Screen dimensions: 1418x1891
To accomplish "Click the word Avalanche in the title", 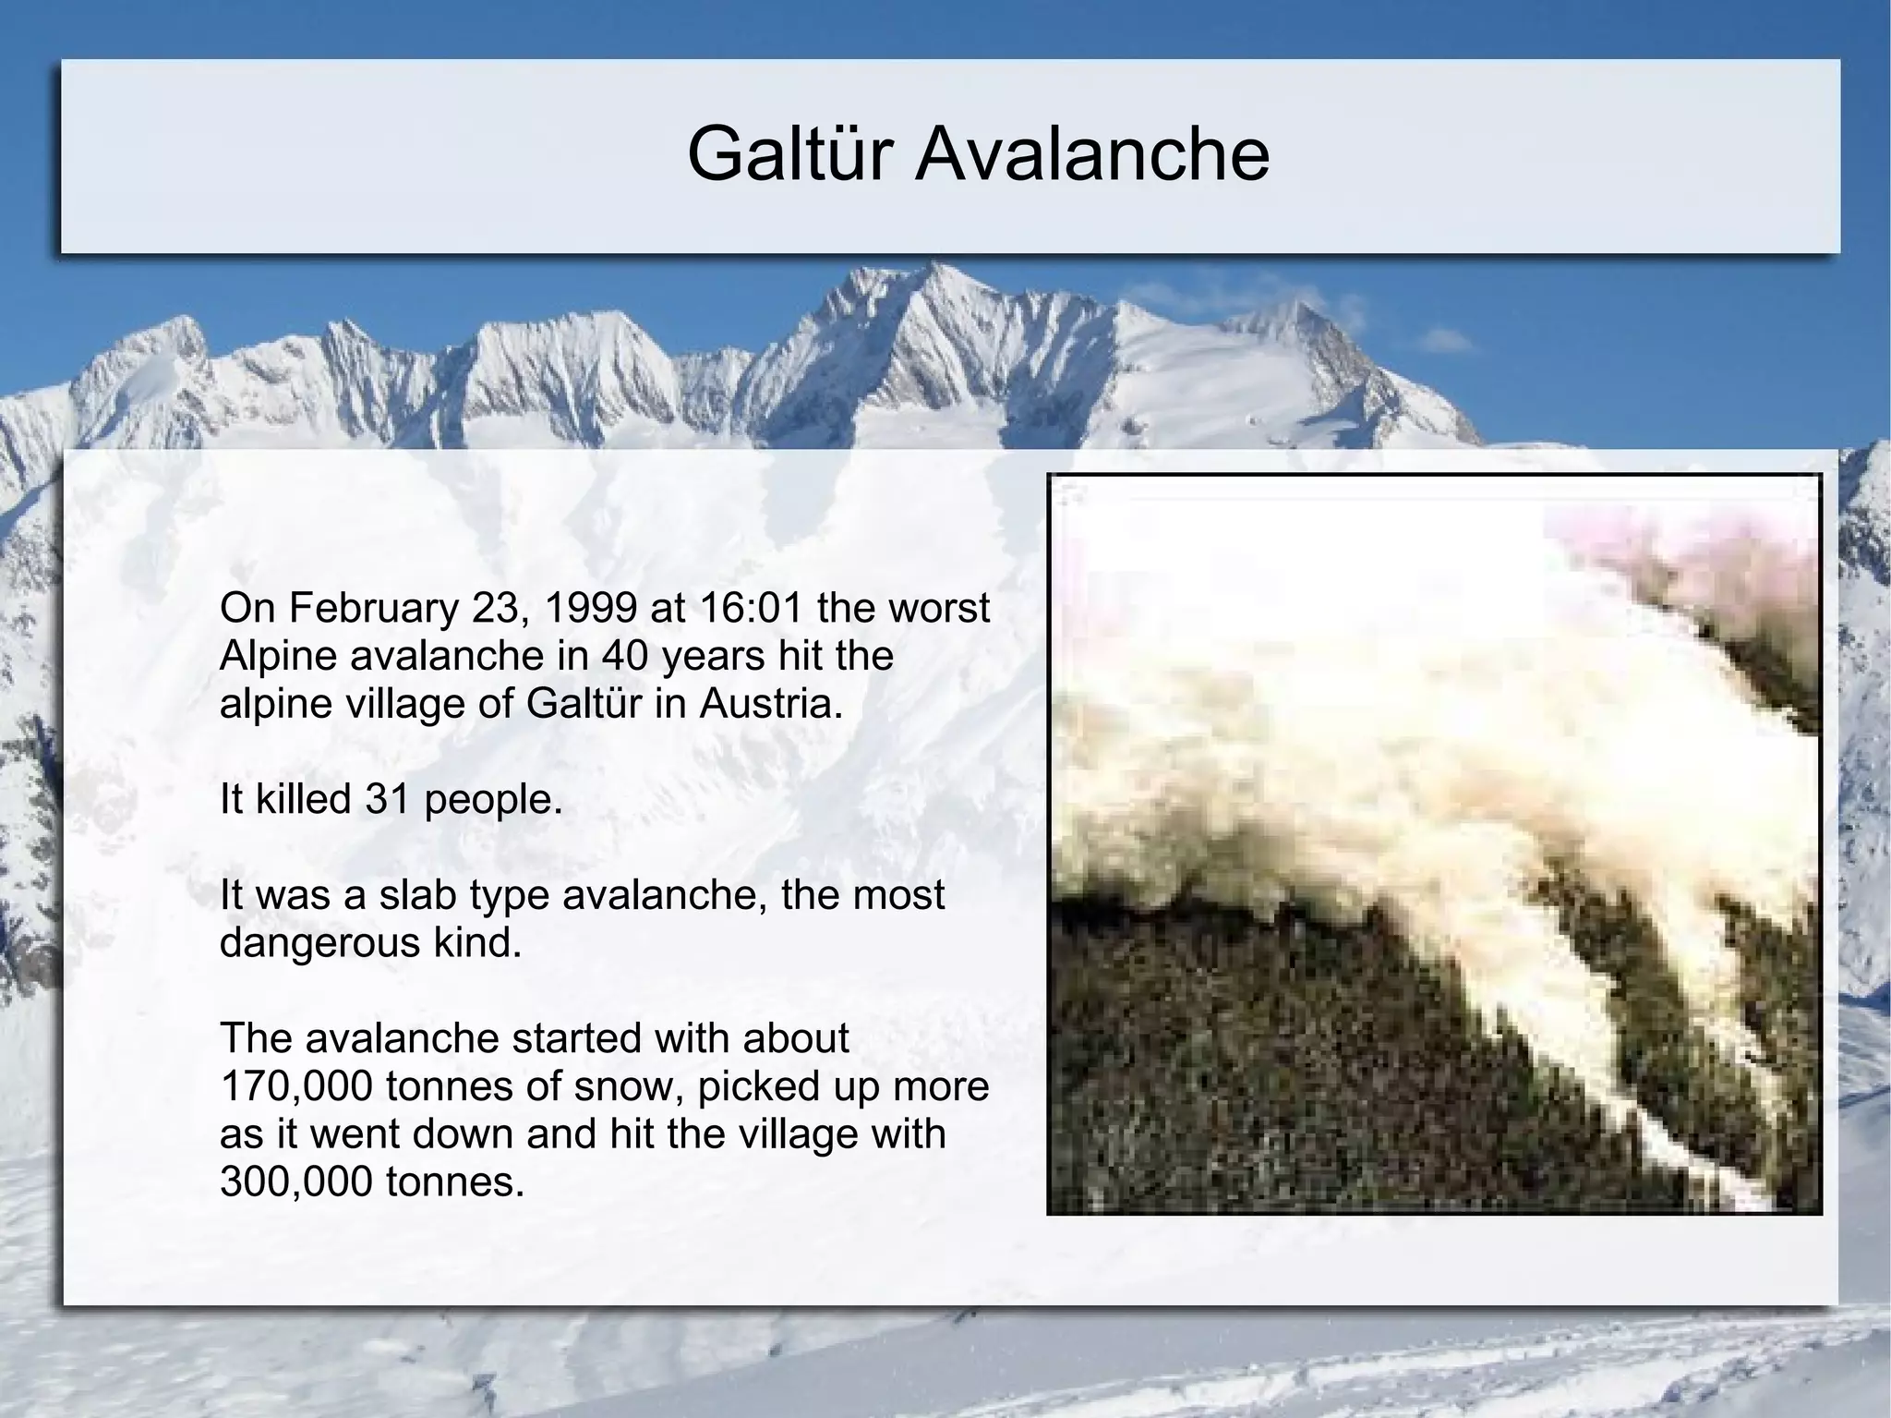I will click(1092, 154).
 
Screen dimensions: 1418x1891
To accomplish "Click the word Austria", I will click(772, 704).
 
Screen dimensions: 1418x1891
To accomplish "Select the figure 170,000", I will click(296, 1087).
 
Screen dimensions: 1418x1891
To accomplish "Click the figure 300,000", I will click(296, 1182).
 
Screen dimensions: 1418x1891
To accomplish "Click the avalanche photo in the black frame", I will click(1434, 843).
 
